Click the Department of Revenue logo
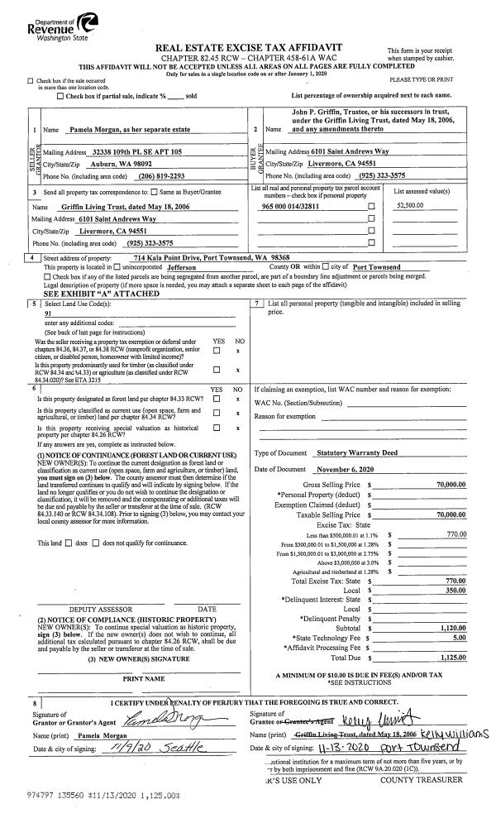pos(51,20)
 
